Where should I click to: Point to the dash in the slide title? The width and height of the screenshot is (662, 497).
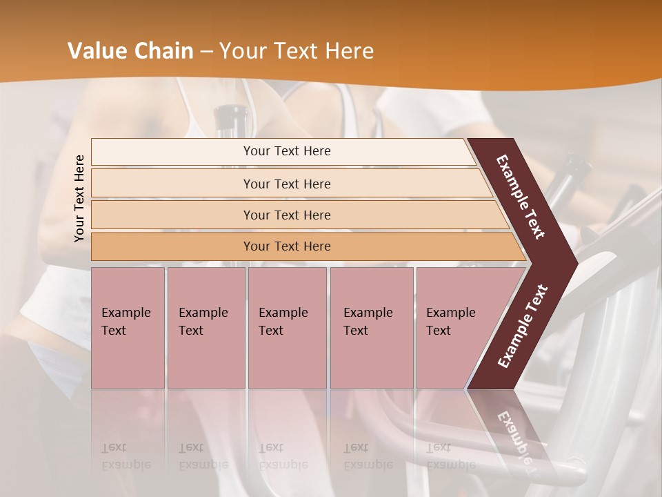click(x=206, y=52)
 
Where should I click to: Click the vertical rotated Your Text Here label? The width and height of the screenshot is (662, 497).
click(x=79, y=198)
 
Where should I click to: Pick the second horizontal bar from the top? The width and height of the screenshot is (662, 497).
click(x=286, y=184)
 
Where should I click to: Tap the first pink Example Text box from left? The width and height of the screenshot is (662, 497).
click(x=128, y=328)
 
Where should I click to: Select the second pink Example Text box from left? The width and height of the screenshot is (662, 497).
click(x=206, y=328)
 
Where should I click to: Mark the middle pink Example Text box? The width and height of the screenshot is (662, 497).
click(x=287, y=328)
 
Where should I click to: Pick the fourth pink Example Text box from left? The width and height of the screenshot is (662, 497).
click(x=372, y=328)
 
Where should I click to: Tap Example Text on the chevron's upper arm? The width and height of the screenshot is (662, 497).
click(x=521, y=197)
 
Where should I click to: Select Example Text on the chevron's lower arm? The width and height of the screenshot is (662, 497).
click(x=523, y=326)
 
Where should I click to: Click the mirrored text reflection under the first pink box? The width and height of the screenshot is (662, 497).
click(x=126, y=456)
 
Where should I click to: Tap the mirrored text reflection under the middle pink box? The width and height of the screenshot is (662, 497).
click(x=283, y=456)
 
